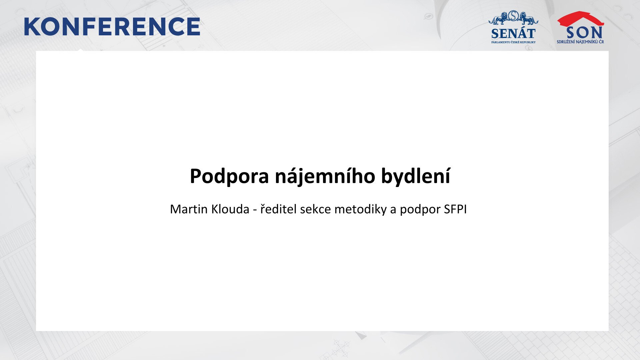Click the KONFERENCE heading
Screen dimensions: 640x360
click(112, 27)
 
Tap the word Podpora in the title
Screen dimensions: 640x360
click(229, 176)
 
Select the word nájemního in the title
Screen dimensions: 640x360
click(325, 176)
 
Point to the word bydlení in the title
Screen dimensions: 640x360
click(416, 176)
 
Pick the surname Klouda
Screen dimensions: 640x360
click(230, 209)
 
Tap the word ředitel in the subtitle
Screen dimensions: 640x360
click(278, 209)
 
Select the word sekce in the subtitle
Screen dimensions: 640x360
click(315, 209)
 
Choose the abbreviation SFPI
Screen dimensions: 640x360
click(455, 209)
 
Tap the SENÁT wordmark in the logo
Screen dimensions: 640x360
click(513, 34)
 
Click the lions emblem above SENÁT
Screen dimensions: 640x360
click(513, 18)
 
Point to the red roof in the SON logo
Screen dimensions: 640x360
click(580, 19)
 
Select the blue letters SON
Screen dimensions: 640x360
click(584, 33)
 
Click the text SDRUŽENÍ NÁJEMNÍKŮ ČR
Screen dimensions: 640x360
click(580, 42)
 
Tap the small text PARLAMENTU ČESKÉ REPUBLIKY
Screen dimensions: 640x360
click(513, 42)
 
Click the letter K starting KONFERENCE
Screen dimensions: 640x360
click(32, 27)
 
